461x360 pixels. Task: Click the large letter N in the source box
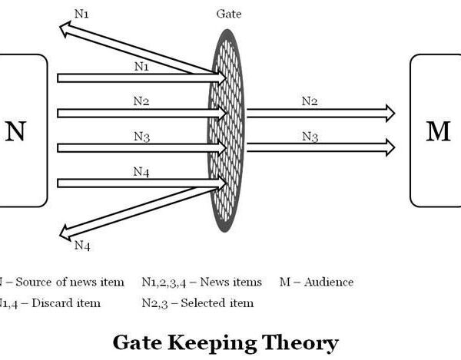15,132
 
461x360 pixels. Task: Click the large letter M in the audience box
437,131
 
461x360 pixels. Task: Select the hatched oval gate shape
227,130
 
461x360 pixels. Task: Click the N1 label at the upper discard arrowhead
81,13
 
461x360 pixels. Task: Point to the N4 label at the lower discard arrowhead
82,246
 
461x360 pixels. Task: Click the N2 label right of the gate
310,101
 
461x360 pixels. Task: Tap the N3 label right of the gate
310,137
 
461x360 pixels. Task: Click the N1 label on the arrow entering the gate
141,66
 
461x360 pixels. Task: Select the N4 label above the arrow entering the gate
141,171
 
